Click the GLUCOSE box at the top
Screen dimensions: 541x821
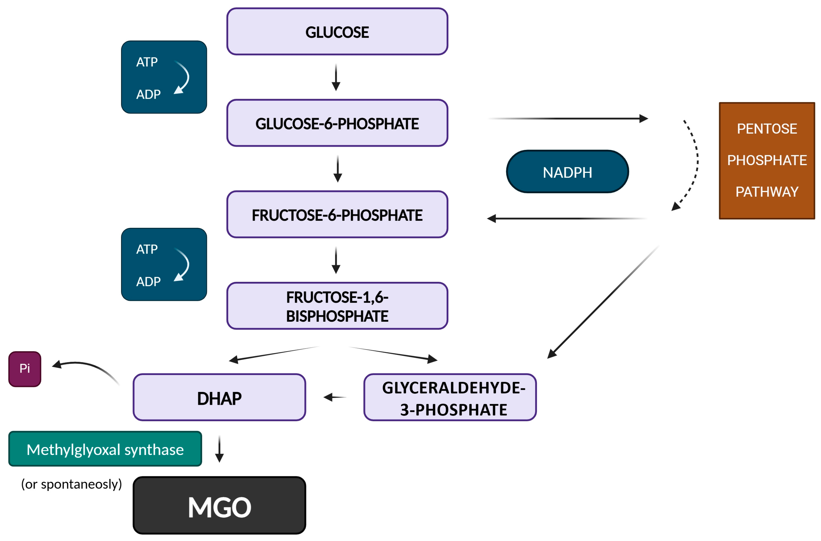point(337,32)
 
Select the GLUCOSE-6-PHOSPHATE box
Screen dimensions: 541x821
point(337,123)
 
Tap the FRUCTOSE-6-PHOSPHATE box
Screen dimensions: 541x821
point(337,215)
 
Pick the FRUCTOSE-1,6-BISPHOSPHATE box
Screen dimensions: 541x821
point(337,306)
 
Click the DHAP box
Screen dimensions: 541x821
point(219,397)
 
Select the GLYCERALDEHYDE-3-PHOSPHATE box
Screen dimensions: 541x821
point(450,397)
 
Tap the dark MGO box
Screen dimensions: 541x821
point(219,506)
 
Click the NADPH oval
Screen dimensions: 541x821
point(567,172)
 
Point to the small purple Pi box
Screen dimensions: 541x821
point(25,369)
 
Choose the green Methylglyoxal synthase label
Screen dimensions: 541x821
point(105,449)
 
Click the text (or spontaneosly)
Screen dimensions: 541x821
point(71,484)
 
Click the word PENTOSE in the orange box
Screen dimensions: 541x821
point(767,129)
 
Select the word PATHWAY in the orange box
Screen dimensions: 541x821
point(767,191)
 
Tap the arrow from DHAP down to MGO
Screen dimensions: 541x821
point(219,449)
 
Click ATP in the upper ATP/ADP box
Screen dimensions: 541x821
point(147,62)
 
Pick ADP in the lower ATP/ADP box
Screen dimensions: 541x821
point(148,282)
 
